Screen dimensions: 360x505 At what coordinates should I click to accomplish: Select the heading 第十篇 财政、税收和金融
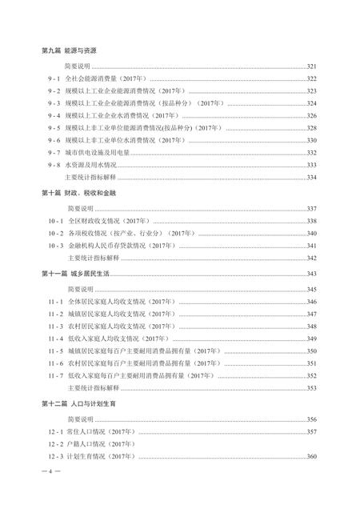click(83, 194)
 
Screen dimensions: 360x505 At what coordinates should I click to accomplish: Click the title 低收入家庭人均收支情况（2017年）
click(124, 339)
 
